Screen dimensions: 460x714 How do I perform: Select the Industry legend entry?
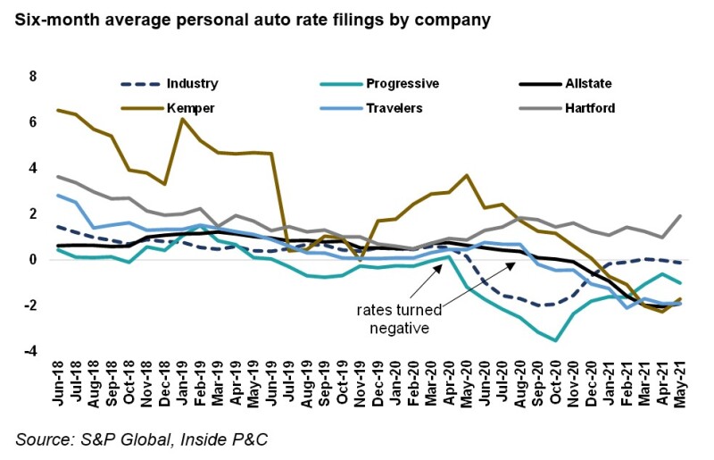tap(191, 84)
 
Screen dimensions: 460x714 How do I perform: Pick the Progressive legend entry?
tap(402, 84)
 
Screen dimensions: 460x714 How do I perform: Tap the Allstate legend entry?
tap(585, 84)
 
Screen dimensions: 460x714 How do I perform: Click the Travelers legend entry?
tap(396, 109)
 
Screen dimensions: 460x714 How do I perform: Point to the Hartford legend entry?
tap(585, 109)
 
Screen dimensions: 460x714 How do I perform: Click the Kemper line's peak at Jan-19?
tap(183, 120)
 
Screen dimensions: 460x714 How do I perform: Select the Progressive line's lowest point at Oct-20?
tap(556, 340)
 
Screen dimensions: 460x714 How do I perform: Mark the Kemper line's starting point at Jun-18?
tap(59, 110)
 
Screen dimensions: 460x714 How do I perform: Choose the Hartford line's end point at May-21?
tap(681, 215)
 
